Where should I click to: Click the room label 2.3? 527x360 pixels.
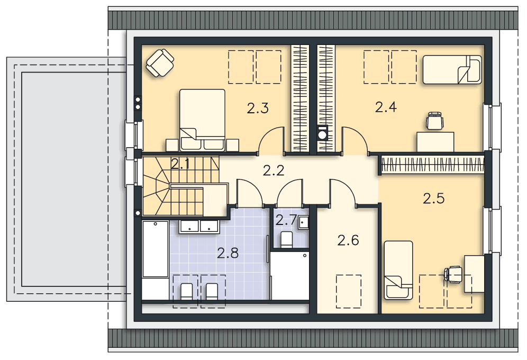pyautogui.click(x=258, y=109)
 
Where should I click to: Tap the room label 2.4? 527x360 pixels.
pyautogui.click(x=386, y=107)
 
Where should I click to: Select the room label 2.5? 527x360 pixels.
pyautogui.click(x=433, y=199)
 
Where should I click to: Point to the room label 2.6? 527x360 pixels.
pyautogui.click(x=348, y=240)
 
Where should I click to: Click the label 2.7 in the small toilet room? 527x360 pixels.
pyautogui.click(x=286, y=221)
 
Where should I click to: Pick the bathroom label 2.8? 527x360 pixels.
pyautogui.click(x=228, y=253)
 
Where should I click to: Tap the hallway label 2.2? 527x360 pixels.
pyautogui.click(x=274, y=171)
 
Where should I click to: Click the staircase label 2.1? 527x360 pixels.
pyautogui.click(x=180, y=164)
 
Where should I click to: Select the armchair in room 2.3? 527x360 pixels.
pyautogui.click(x=160, y=63)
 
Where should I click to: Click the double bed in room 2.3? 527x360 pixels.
pyautogui.click(x=202, y=120)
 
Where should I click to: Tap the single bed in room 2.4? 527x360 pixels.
pyautogui.click(x=452, y=69)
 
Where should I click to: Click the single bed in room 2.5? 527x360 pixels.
pyautogui.click(x=398, y=270)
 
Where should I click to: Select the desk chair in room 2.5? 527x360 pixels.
pyautogui.click(x=453, y=274)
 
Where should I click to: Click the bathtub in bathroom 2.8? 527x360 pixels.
pyautogui.click(x=155, y=249)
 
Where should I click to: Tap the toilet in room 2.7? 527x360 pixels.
pyautogui.click(x=286, y=239)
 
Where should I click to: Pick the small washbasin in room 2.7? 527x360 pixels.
pyautogui.click(x=304, y=222)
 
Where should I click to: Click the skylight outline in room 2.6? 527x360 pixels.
pyautogui.click(x=349, y=291)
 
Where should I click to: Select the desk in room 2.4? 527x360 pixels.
pyautogui.click(x=435, y=142)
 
